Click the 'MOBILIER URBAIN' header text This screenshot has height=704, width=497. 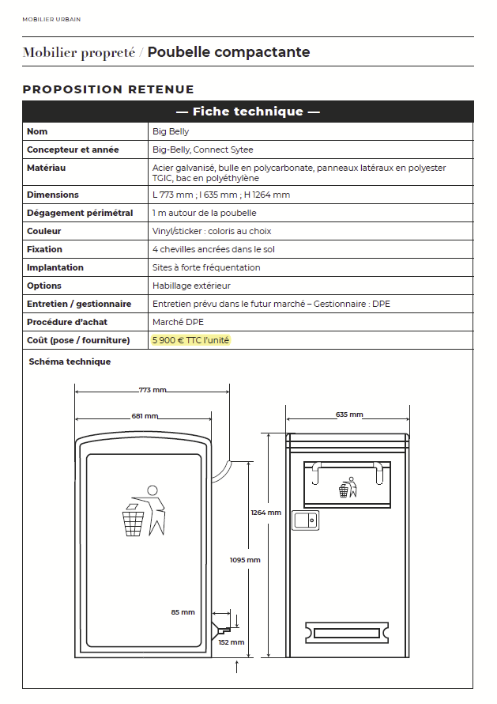pos(51,19)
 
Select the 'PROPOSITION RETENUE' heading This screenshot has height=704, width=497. pos(108,89)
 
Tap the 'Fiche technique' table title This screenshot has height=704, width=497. pos(247,112)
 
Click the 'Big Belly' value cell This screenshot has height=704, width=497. pos(171,131)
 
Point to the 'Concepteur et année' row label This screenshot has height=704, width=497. pos(73,150)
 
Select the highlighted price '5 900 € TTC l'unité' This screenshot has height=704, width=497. pos(191,340)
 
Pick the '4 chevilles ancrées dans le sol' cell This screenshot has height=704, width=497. pos(213,249)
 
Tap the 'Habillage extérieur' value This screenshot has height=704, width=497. pos(191,286)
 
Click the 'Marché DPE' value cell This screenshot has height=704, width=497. pos(179,322)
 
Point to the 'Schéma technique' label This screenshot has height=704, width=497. pos(70,361)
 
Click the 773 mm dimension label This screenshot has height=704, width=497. pos(152,390)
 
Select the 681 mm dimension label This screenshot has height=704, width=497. pos(145,416)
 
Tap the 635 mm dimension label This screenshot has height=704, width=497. pos(349,414)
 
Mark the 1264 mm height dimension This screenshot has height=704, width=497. pos(265,513)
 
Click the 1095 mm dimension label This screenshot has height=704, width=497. pos(245,560)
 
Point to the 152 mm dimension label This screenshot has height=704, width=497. pos(232,642)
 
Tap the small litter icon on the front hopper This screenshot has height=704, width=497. pos(347,487)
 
